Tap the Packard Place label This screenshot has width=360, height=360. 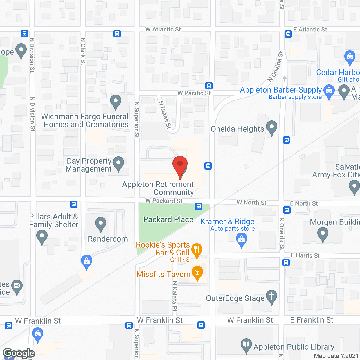[x=168, y=219]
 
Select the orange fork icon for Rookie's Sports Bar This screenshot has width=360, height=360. [x=197, y=249]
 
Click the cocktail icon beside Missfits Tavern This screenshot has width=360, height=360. [x=197, y=273]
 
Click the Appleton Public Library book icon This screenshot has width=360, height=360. [x=246, y=345]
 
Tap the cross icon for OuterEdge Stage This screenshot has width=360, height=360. [x=271, y=296]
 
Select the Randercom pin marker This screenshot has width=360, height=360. [x=100, y=224]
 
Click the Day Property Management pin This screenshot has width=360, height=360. [x=118, y=163]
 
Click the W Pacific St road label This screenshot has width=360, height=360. [x=194, y=93]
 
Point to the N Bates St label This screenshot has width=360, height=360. [x=165, y=115]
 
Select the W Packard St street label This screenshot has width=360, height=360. [x=164, y=201]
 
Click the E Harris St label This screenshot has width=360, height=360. [x=305, y=255]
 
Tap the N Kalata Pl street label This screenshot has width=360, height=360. [x=175, y=295]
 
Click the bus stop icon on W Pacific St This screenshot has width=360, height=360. [x=209, y=86]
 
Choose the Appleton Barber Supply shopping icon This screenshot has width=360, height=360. [x=329, y=91]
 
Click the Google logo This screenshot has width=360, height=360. [x=19, y=354]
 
